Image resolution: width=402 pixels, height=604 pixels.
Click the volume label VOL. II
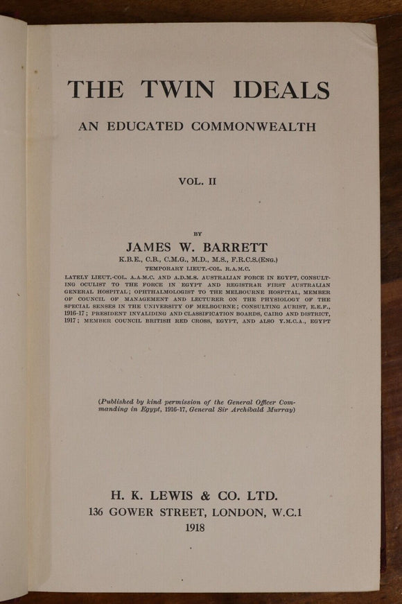point(198,182)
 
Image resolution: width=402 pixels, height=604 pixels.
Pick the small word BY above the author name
point(198,234)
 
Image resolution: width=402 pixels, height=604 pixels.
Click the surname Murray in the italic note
point(281,409)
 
